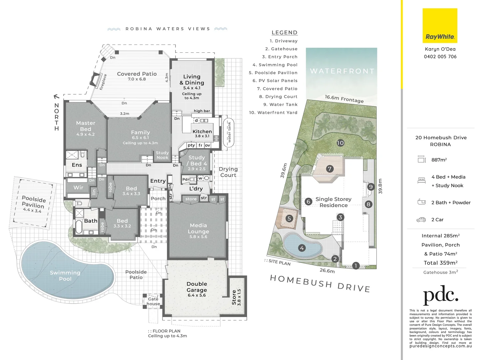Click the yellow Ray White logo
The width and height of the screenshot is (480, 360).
pyautogui.click(x=440, y=26)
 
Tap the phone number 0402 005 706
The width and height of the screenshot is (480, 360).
pyautogui.click(x=440, y=57)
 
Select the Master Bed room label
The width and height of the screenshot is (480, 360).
pyautogui.click(x=86, y=126)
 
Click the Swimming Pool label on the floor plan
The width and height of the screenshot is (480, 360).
pyautogui.click(x=65, y=276)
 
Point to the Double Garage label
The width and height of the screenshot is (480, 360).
pyautogui.click(x=197, y=287)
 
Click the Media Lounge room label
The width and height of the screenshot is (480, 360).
pyautogui.click(x=198, y=229)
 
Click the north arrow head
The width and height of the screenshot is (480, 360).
pyautogui.click(x=56, y=97)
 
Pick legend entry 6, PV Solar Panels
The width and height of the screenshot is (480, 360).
pyautogui.click(x=275, y=81)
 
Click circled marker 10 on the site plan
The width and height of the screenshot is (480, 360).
pyautogui.click(x=340, y=143)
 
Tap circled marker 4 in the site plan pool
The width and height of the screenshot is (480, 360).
pyautogui.click(x=302, y=248)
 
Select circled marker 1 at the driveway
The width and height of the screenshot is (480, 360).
pyautogui.click(x=356, y=266)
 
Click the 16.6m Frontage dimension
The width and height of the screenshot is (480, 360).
pyautogui.click(x=344, y=99)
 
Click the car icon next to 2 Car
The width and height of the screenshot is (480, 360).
pyautogui.click(x=421, y=220)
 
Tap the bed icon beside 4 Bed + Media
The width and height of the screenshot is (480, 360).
pyautogui.click(x=421, y=181)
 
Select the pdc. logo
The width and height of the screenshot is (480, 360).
pyautogui.click(x=440, y=295)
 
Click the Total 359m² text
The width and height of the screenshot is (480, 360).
pyautogui.click(x=440, y=263)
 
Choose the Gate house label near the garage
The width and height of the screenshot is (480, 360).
pyautogui.click(x=153, y=301)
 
